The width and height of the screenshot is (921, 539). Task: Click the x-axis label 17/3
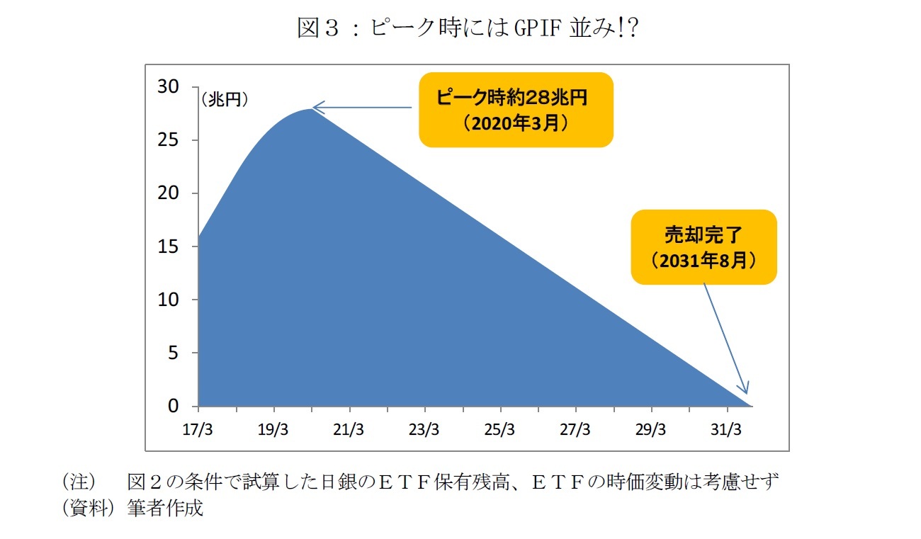pyautogui.click(x=198, y=430)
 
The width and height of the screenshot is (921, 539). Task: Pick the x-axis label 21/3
pyautogui.click(x=349, y=430)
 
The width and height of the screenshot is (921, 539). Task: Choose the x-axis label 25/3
pyautogui.click(x=499, y=430)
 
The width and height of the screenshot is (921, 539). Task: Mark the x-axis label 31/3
pyautogui.click(x=726, y=430)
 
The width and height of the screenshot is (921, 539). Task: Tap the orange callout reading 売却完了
pyautogui.click(x=704, y=246)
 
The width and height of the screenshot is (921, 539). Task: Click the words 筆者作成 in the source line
pyautogui.click(x=165, y=508)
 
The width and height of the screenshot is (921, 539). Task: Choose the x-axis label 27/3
pyautogui.click(x=575, y=430)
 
